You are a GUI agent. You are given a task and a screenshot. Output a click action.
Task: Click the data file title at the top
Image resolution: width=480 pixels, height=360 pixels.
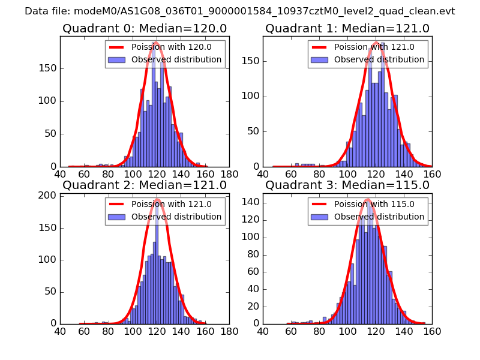point(240,11)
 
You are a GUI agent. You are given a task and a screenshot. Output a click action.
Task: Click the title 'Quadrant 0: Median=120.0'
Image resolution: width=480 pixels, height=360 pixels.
point(144,28)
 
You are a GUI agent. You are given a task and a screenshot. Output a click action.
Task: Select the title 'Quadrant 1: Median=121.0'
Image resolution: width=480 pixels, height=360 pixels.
point(347,28)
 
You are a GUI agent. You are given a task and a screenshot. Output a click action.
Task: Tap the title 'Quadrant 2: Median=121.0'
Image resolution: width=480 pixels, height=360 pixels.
point(144,185)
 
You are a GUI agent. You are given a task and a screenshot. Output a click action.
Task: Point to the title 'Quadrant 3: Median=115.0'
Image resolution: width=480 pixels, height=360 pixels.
point(347,185)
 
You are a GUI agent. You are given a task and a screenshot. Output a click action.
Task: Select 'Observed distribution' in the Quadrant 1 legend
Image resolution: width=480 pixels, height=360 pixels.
point(379,60)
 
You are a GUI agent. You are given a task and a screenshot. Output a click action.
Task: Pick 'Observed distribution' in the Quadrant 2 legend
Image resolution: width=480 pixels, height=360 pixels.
point(176,217)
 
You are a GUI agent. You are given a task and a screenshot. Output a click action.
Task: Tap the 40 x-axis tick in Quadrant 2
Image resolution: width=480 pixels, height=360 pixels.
point(60,331)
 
